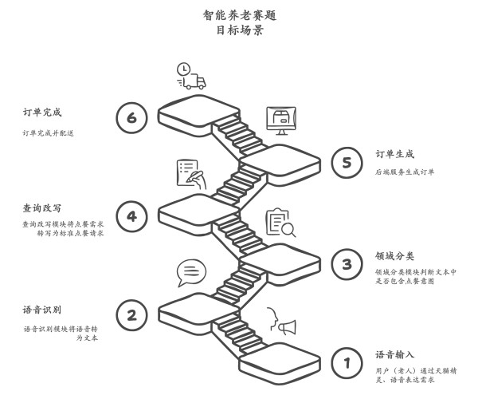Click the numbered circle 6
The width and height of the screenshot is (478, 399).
pos(131,117)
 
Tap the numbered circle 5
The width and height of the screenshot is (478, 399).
pos(347,163)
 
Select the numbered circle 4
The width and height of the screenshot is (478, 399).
pos(131,216)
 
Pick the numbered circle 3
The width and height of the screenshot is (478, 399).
pos(347,264)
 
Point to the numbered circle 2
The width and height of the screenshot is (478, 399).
pos(131,315)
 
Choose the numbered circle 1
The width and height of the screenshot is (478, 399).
pos(347,363)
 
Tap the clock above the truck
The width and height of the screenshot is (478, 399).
pos(183,69)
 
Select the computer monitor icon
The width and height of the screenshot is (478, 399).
pos(281,120)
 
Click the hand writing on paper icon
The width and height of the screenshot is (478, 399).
pos(191,174)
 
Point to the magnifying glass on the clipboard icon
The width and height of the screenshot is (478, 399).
pos(288,230)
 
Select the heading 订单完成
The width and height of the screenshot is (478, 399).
pos(42,113)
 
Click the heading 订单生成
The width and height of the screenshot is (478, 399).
pos(395,154)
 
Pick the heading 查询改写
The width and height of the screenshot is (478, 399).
pos(42,208)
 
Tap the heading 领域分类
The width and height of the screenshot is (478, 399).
pos(395,256)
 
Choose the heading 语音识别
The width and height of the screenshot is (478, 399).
pos(42,310)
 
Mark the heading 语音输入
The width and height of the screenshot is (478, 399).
pos(395,354)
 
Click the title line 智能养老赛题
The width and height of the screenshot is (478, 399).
pos(240,15)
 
